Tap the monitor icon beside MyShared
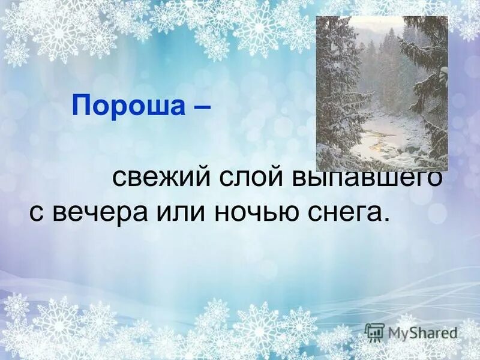coord(374,332)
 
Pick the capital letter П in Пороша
coord(80,106)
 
